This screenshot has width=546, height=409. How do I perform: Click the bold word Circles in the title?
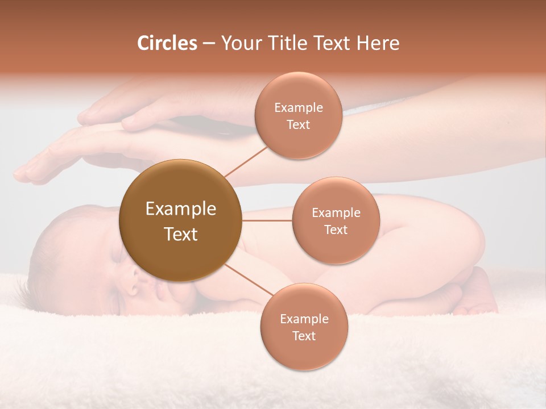coord(167,43)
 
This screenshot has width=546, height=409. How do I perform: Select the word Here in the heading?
coord(378,43)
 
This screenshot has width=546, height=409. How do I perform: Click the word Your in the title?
coord(239,43)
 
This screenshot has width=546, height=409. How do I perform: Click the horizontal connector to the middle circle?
coord(267,220)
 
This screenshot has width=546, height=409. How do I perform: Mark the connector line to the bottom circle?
coord(250,280)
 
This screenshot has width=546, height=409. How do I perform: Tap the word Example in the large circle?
coord(181,209)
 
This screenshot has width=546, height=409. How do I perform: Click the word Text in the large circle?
coord(181,234)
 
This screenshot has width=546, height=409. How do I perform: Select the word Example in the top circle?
coord(298,108)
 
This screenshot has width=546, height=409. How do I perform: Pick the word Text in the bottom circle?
coord(304,336)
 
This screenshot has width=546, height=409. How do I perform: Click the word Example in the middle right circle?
coord(336,213)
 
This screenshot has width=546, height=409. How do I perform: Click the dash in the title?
coord(209,44)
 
